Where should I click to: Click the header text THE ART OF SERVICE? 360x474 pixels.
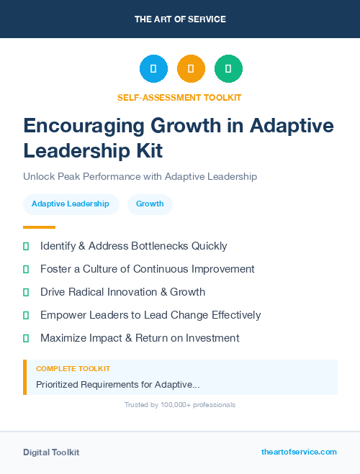(x=180, y=19)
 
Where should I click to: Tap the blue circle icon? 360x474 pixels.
(x=153, y=69)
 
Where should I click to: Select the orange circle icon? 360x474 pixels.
(x=191, y=69)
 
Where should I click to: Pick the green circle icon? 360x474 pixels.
(x=228, y=69)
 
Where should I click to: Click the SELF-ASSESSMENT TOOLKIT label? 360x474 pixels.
(x=179, y=98)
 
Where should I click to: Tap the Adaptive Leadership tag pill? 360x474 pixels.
(x=71, y=204)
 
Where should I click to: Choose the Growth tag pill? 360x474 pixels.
(x=150, y=204)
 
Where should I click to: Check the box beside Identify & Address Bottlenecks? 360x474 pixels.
(x=26, y=247)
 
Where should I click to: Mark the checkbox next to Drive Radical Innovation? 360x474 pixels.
(x=26, y=293)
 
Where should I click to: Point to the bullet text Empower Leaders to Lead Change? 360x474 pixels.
(x=150, y=315)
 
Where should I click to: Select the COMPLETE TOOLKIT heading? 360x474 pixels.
(x=73, y=369)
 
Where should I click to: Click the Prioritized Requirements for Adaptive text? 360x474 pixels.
(x=118, y=385)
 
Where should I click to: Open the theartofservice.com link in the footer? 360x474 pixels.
(x=299, y=452)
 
